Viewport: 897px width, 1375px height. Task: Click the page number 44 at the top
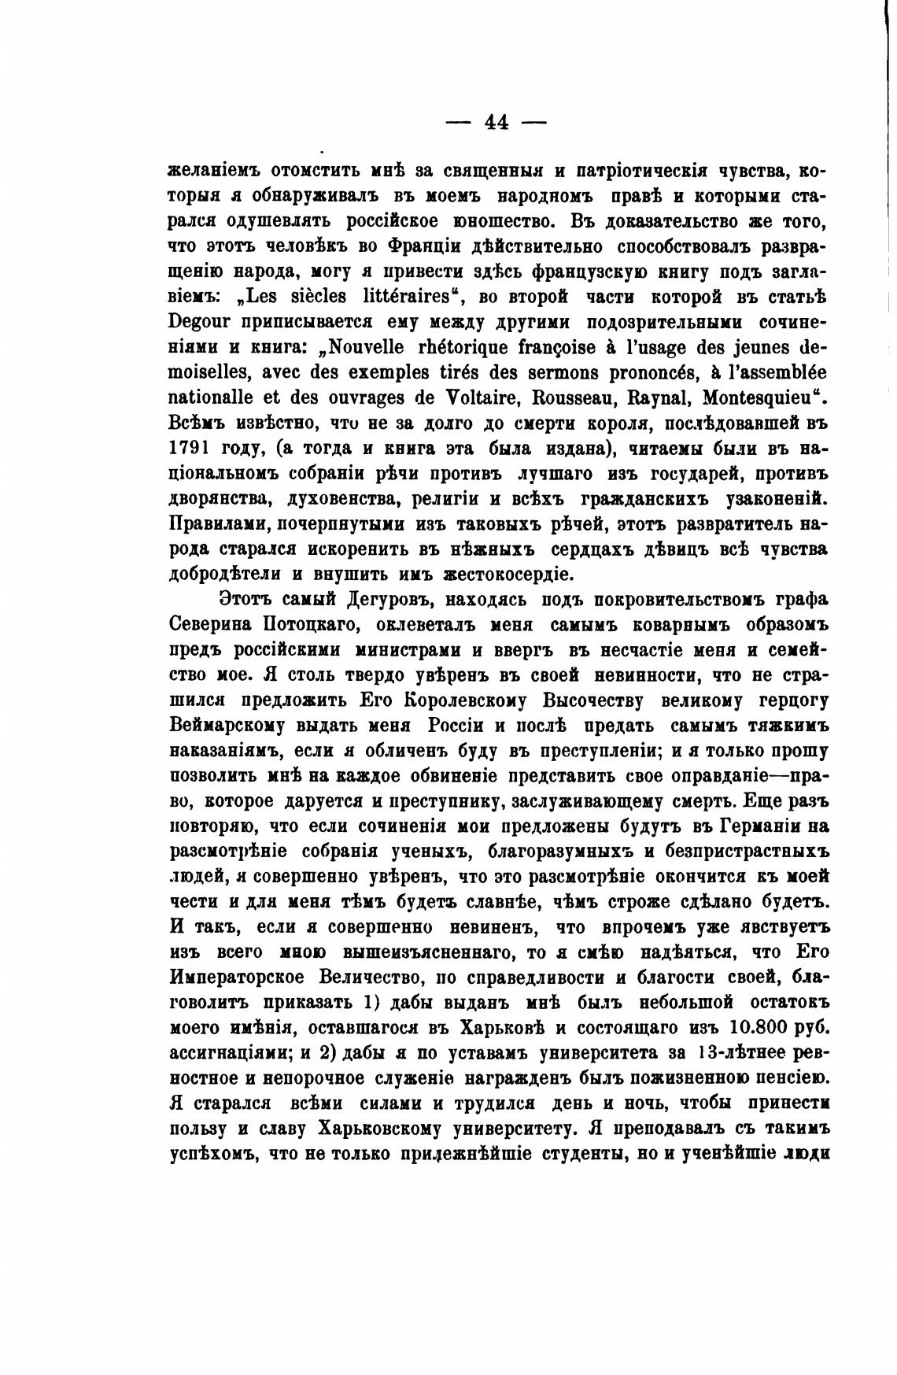[496, 122]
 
